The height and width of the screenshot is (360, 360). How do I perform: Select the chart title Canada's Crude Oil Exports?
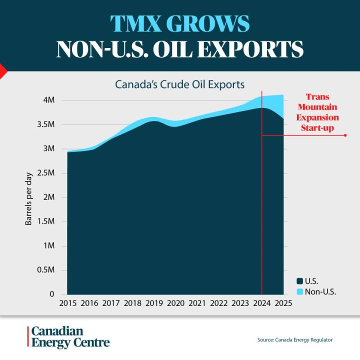coord(180,84)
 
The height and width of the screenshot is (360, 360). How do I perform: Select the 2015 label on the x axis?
coord(68,303)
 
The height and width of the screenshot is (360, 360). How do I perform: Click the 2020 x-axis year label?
coord(175,303)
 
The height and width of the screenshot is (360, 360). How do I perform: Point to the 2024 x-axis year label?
coord(261,303)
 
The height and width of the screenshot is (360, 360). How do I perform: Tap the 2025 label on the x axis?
coord(283,303)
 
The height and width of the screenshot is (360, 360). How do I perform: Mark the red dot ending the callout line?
coord(345,135)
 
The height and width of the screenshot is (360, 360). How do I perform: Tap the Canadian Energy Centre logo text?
coord(70,337)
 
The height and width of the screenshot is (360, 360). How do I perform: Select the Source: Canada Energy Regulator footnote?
coord(294,340)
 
